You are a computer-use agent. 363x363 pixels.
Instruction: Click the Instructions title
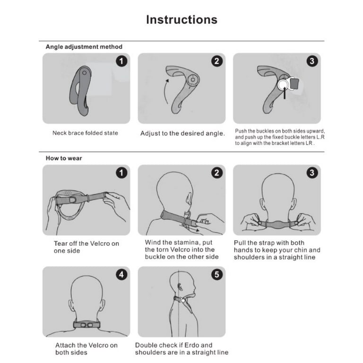point(181,20)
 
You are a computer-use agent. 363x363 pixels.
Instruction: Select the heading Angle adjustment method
point(84,47)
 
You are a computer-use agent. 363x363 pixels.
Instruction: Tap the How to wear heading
point(64,158)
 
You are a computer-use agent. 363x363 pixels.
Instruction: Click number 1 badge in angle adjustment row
point(121,61)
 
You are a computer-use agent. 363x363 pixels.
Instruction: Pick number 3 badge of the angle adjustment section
point(312,61)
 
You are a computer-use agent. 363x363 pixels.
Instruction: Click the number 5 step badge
point(217,275)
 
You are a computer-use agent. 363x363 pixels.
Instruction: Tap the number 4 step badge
point(121,275)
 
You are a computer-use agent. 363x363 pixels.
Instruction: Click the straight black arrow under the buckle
point(285,93)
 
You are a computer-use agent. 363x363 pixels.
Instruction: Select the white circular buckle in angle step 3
point(283,85)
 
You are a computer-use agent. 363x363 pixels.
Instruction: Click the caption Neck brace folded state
point(85,133)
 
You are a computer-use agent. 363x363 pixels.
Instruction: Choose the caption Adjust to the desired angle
point(182,133)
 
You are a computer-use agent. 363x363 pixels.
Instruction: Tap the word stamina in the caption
point(187,242)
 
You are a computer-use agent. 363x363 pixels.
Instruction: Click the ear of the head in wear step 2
point(190,198)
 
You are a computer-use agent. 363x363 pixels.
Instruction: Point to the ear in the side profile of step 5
point(180,287)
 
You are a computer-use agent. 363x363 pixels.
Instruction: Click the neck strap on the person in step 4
point(86,324)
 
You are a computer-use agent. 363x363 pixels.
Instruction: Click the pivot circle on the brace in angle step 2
point(193,79)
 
